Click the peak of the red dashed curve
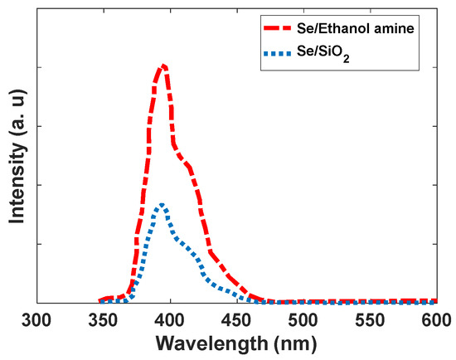click(x=163, y=65)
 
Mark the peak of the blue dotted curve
click(x=162, y=204)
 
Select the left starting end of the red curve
click(x=100, y=300)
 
